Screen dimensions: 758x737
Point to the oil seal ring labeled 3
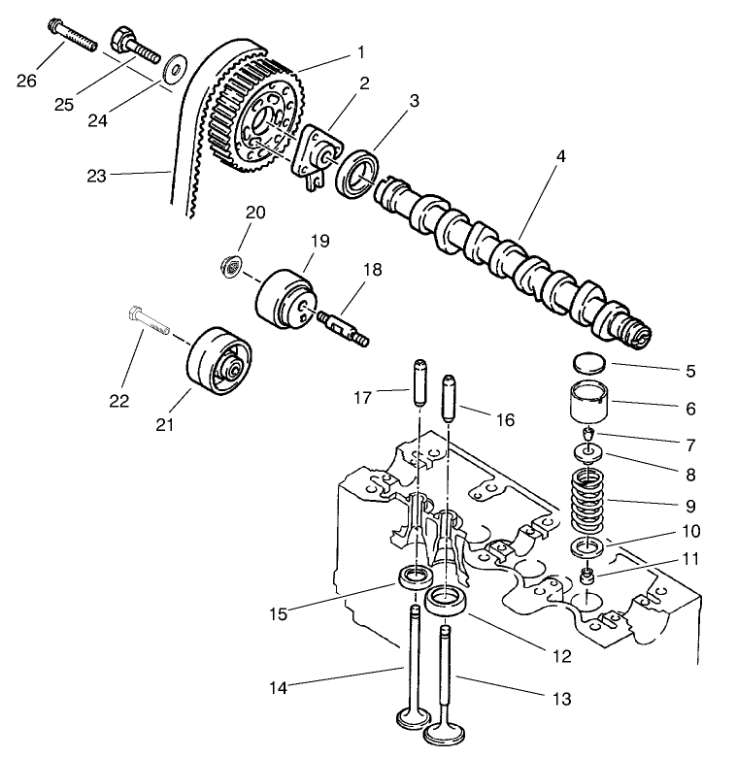[357, 174]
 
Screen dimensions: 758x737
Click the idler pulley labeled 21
[218, 364]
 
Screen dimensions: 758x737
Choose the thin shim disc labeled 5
[586, 364]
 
